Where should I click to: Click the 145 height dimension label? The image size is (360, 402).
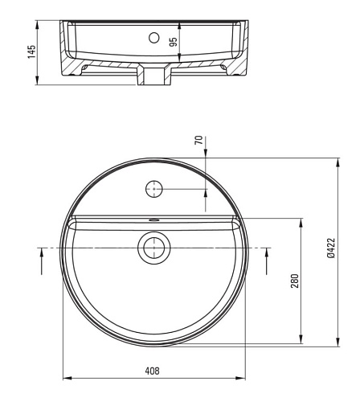click(x=31, y=51)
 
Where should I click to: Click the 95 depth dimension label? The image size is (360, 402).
click(x=174, y=42)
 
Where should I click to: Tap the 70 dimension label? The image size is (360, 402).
click(x=198, y=140)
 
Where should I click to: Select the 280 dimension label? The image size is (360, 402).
click(x=295, y=281)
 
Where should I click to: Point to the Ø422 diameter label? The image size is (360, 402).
click(x=331, y=248)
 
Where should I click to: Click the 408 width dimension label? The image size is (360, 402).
click(x=152, y=371)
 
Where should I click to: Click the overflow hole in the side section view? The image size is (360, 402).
click(x=154, y=38)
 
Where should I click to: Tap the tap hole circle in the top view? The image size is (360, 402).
click(x=154, y=189)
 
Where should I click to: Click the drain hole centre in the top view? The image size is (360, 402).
click(x=154, y=248)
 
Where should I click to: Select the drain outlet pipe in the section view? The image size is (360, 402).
click(x=154, y=76)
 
